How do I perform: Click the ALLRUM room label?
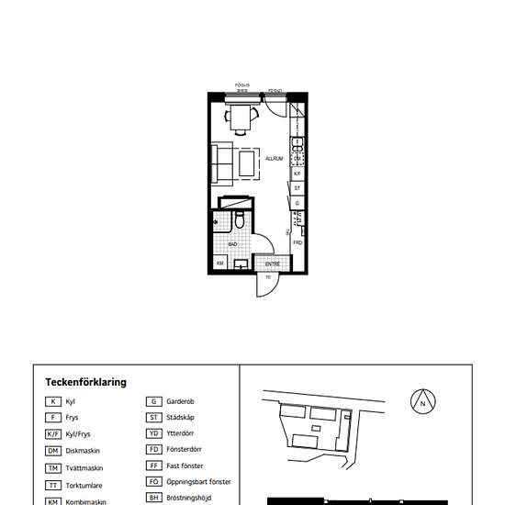click(x=274, y=158)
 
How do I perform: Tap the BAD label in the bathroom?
click(x=233, y=244)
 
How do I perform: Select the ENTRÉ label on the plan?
click(x=273, y=264)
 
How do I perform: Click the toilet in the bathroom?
click(x=238, y=219)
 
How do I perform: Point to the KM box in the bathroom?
click(x=220, y=264)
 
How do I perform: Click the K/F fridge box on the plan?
click(x=297, y=172)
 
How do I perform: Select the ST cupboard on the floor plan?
click(x=297, y=187)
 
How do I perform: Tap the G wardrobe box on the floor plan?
click(x=297, y=203)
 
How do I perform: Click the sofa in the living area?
click(x=221, y=163)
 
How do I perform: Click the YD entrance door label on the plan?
click(x=267, y=276)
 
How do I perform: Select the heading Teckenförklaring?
click(x=85, y=382)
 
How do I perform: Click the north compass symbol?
click(x=422, y=401)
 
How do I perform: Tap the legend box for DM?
click(x=54, y=451)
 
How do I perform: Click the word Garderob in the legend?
click(x=180, y=401)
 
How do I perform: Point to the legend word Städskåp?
click(x=181, y=418)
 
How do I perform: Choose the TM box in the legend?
click(x=54, y=467)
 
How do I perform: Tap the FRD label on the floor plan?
click(x=297, y=242)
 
